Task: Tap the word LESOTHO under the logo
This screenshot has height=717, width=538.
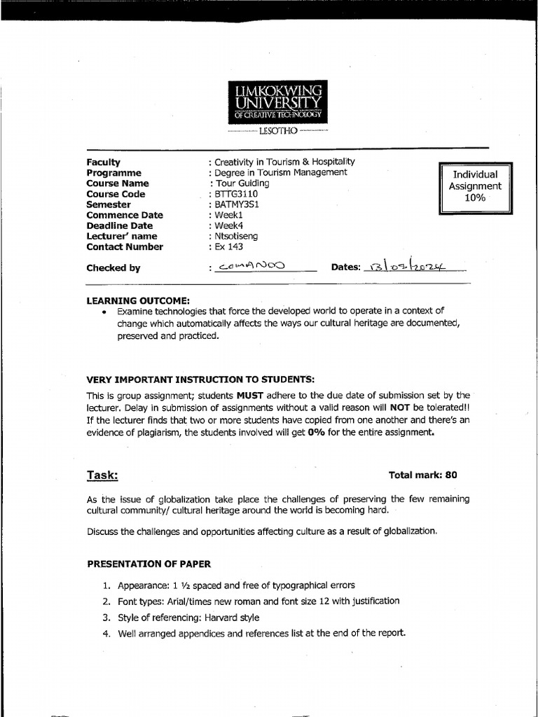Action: point(277,131)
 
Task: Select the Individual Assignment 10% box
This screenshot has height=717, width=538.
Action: point(476,186)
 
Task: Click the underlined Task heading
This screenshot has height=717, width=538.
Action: point(102,475)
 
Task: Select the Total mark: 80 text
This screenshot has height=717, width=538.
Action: point(422,475)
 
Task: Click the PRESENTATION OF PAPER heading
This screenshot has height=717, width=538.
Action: point(149,564)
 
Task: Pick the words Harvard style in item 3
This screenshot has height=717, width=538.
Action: point(233,618)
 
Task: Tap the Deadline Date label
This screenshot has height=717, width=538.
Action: point(119,225)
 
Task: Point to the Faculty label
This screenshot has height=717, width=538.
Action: point(104,162)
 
